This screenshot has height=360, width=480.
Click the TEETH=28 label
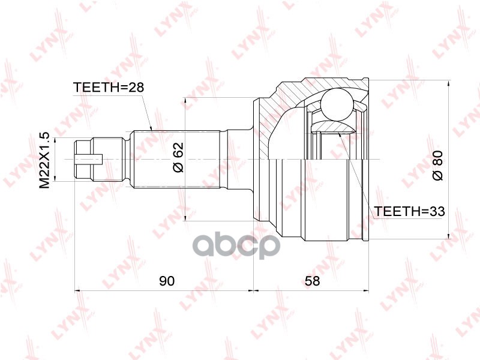click(109, 87)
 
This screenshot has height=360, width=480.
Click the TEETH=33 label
click(410, 211)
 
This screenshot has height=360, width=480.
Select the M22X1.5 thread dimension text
click(44, 160)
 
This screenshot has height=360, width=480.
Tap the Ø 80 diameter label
click(437, 166)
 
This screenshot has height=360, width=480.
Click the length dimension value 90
click(167, 281)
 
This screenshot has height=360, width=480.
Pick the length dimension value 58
click(312, 281)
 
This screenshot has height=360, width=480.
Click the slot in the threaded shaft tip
click(89, 159)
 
